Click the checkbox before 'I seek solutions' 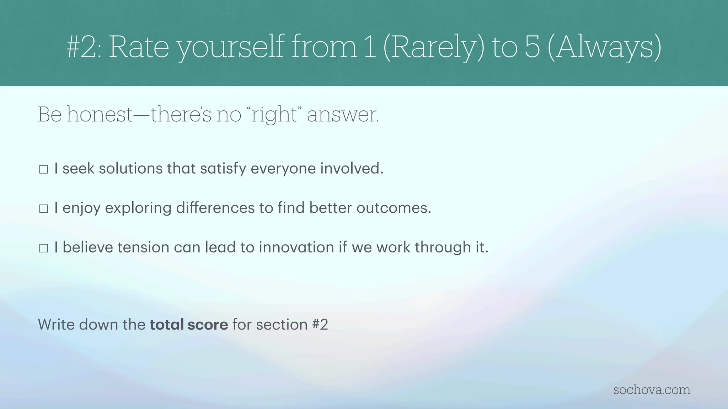pyautogui.click(x=43, y=169)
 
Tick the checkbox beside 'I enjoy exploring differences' pyautogui.click(x=43, y=209)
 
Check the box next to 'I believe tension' pyautogui.click(x=43, y=248)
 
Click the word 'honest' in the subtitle pyautogui.click(x=100, y=115)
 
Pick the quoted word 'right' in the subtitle pyautogui.click(x=274, y=115)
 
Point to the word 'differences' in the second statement pyautogui.click(x=215, y=208)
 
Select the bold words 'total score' pyautogui.click(x=189, y=325)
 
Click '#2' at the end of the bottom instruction pyautogui.click(x=320, y=325)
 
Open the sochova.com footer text pyautogui.click(x=652, y=390)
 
